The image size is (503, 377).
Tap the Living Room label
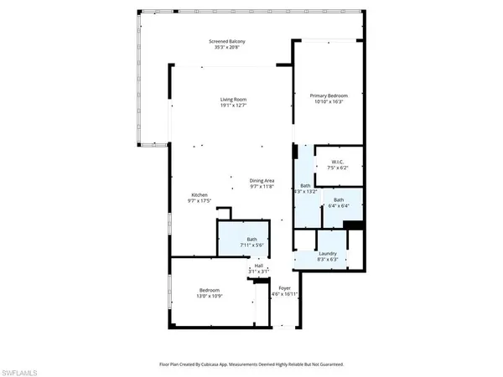click(x=234, y=100)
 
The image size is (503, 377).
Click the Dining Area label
click(x=262, y=180)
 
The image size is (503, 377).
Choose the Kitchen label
click(x=198, y=195)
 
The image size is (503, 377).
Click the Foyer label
click(x=285, y=288)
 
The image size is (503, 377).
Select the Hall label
click(x=259, y=266)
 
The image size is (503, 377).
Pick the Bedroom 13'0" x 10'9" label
click(x=210, y=290)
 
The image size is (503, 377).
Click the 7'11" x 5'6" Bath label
click(x=251, y=239)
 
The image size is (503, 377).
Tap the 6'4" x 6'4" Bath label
click(x=339, y=199)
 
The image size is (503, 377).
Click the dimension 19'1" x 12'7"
click(x=234, y=106)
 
